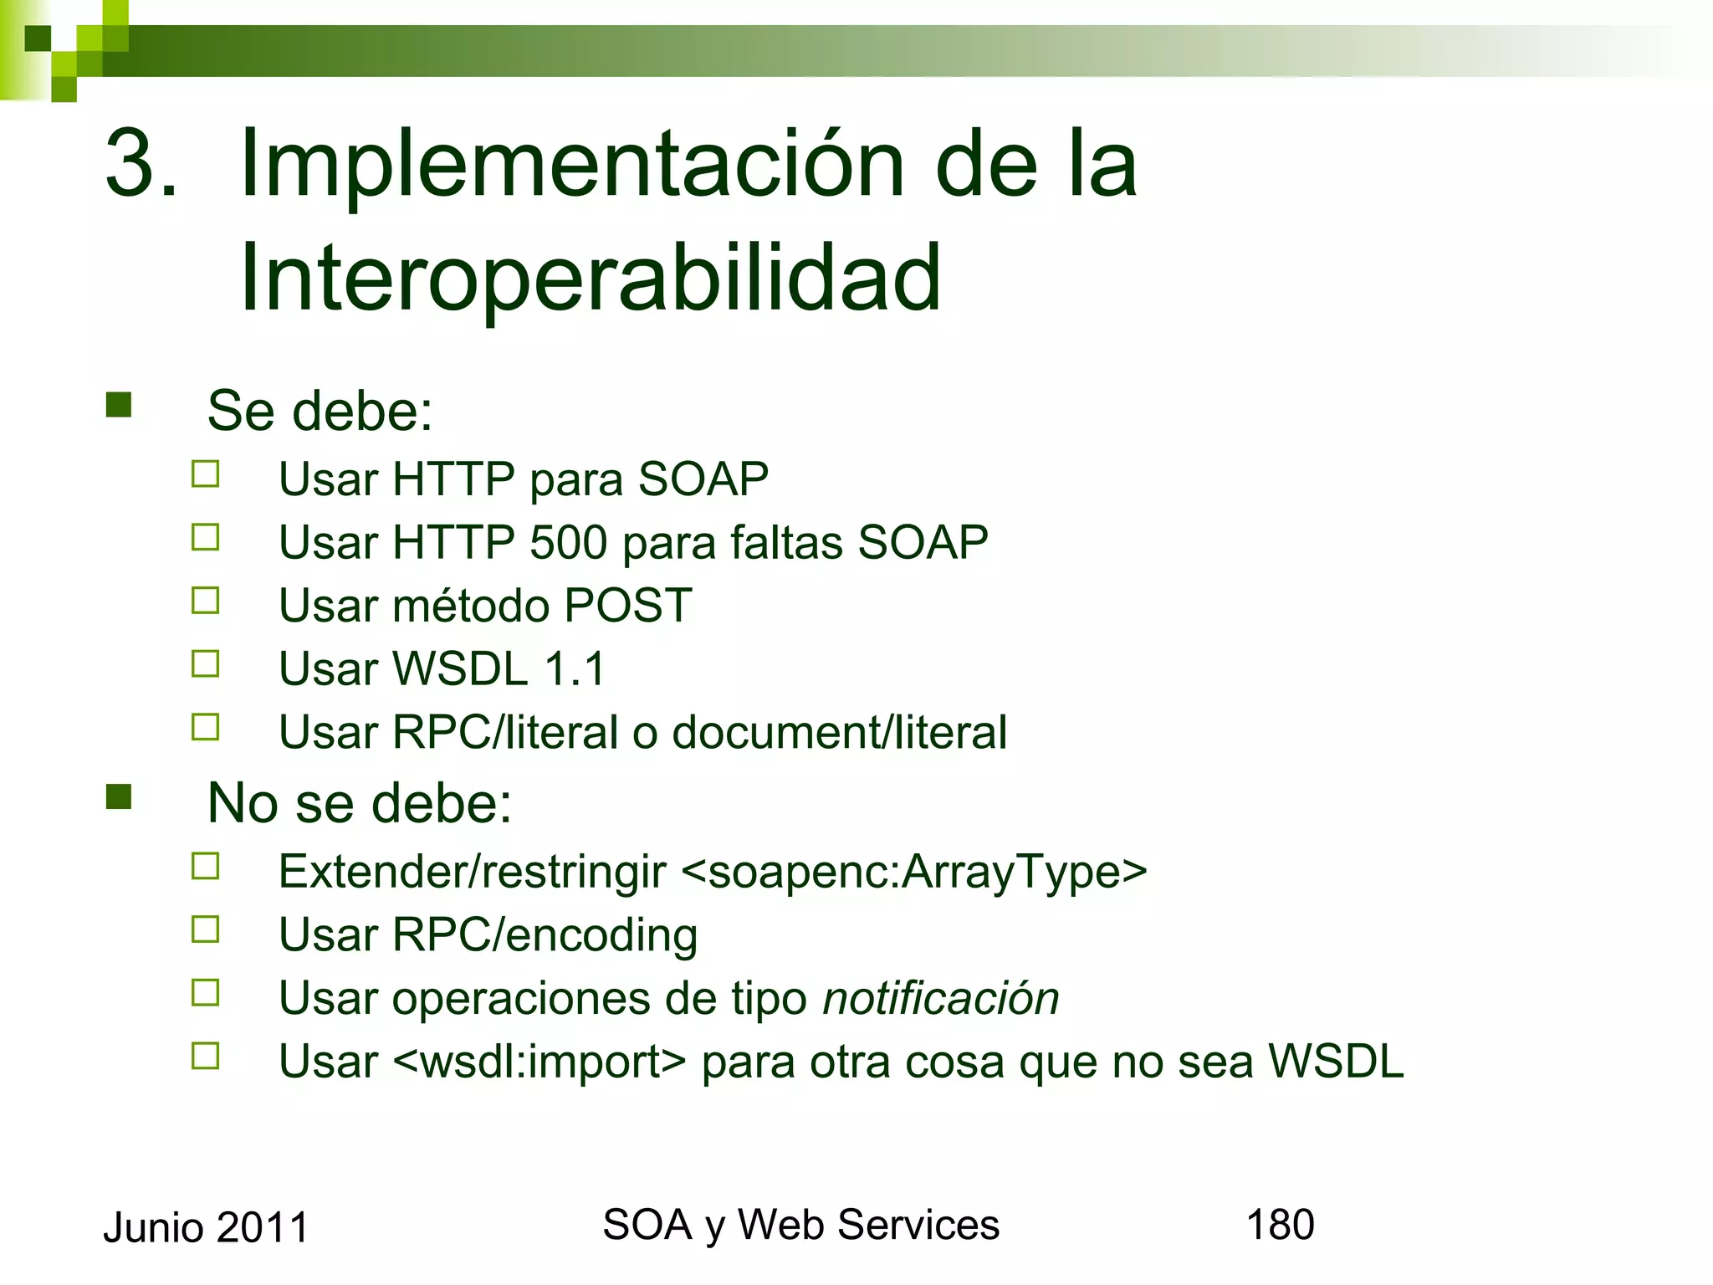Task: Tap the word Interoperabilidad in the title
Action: click(x=591, y=278)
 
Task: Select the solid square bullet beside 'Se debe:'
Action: click(x=119, y=405)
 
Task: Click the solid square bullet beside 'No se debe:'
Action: click(x=119, y=797)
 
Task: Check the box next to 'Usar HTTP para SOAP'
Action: click(x=205, y=474)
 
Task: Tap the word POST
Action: click(x=628, y=605)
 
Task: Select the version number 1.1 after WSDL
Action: click(x=574, y=668)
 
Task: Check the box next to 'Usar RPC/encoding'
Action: click(x=205, y=929)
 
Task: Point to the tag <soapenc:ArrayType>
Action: click(x=914, y=872)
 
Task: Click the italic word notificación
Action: click(x=941, y=999)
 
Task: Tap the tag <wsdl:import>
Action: click(x=539, y=1062)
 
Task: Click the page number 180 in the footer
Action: click(x=1280, y=1225)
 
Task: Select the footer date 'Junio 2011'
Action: click(x=206, y=1228)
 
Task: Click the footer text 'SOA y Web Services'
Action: click(x=800, y=1226)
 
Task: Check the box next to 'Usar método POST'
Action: click(x=205, y=600)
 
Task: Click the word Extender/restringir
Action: click(x=473, y=872)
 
